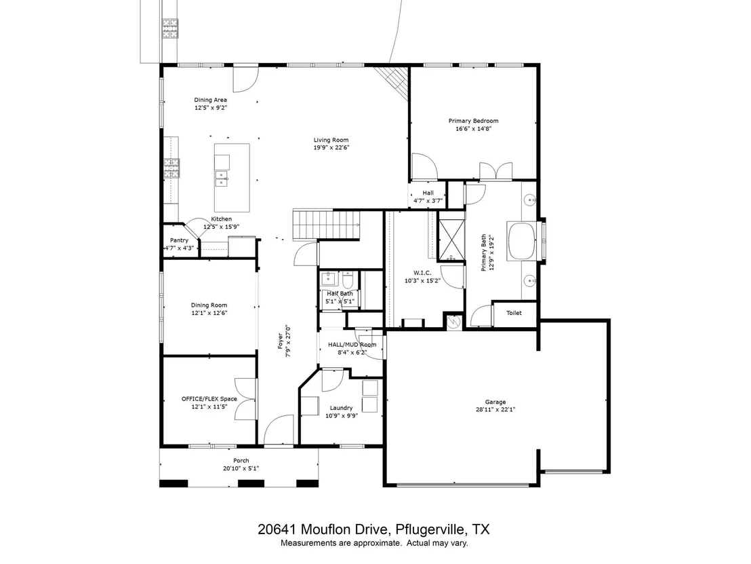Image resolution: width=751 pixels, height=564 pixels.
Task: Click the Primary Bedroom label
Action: pos(473,121)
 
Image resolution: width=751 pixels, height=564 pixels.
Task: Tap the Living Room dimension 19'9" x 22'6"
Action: pos(331,148)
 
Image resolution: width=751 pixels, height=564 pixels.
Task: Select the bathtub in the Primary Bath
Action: pos(522,241)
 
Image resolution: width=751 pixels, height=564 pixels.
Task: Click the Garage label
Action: pos(495,402)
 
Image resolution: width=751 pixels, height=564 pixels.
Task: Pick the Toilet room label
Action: pos(514,313)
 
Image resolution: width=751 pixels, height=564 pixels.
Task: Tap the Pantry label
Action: pos(179,240)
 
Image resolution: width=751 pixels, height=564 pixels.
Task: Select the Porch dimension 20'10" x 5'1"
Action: pos(241,468)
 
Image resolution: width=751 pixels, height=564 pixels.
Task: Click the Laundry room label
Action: pos(341,408)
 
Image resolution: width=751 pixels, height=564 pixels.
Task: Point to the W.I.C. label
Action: pos(422,273)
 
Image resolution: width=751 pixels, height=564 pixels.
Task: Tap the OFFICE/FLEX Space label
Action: pos(209,398)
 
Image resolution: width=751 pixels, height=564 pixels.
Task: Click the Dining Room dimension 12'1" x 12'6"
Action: pos(209,313)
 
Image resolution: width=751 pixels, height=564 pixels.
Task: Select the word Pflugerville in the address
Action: pos(430,529)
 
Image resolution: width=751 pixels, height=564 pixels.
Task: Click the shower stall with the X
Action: pos(451,240)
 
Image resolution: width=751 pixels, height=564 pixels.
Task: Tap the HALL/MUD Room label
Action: pos(352,344)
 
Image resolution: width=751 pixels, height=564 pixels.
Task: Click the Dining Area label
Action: pos(210,100)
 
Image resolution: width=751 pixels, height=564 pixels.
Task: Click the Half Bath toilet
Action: pos(348,278)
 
